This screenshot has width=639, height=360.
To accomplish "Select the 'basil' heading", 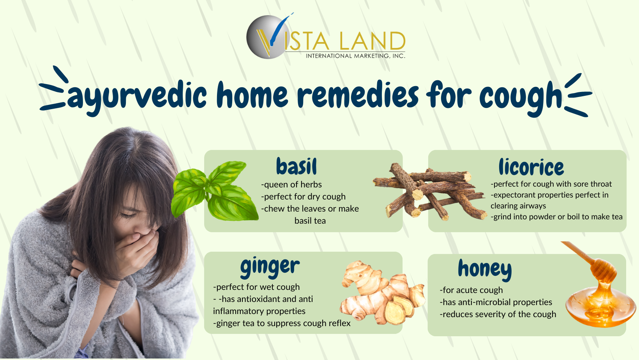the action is click(x=297, y=166).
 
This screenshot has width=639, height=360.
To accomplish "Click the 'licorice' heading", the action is click(x=531, y=167).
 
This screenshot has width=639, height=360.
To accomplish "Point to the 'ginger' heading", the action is click(x=270, y=267).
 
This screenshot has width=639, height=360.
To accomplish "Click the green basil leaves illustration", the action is click(x=215, y=191).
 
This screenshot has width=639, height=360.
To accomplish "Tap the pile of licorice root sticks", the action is click(x=430, y=192).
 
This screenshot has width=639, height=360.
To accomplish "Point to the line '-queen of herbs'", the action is click(x=291, y=185).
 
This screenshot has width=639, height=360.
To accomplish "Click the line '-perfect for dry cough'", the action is click(x=303, y=196).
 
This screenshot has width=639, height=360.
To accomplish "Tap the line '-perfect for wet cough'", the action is click(x=256, y=287).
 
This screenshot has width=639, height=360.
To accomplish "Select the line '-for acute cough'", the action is click(x=471, y=290).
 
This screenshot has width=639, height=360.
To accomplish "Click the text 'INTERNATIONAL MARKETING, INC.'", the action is click(x=355, y=56).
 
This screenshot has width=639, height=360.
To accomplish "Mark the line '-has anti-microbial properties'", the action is click(x=496, y=302).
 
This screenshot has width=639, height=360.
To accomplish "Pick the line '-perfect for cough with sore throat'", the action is click(x=551, y=184).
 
